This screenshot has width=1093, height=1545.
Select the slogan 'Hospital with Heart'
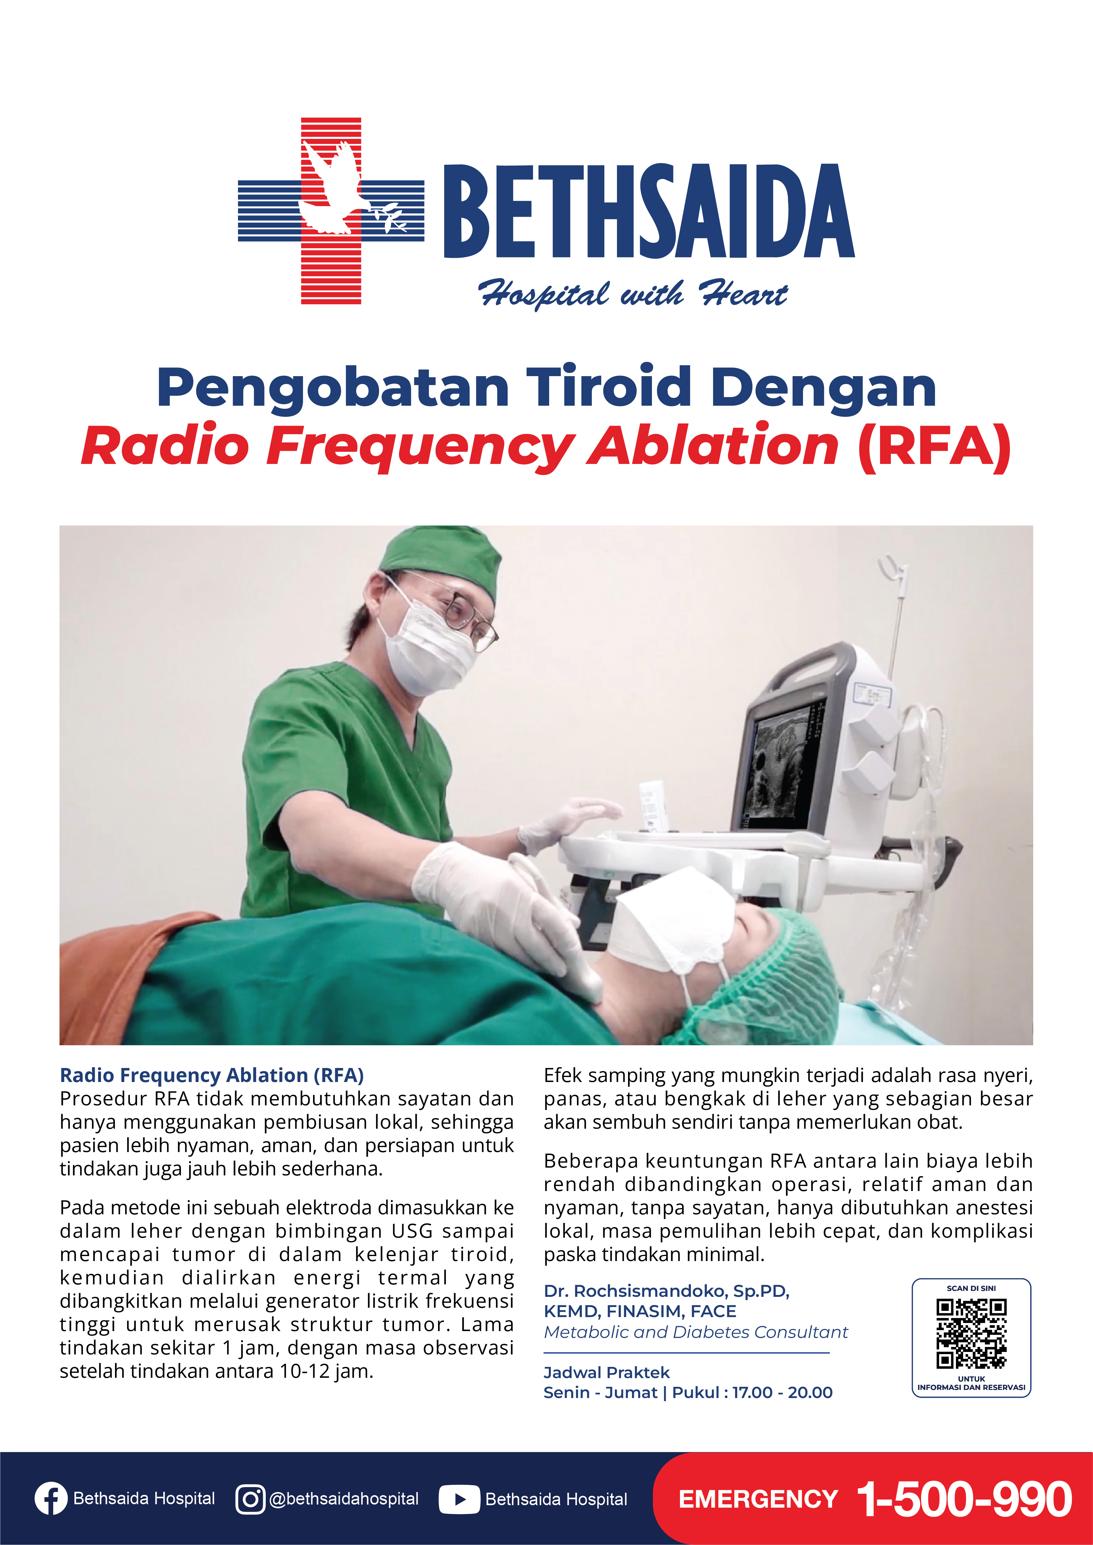(633, 294)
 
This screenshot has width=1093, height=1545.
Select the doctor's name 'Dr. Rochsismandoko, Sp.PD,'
(666, 1291)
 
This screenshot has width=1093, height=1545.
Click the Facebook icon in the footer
(51, 1499)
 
